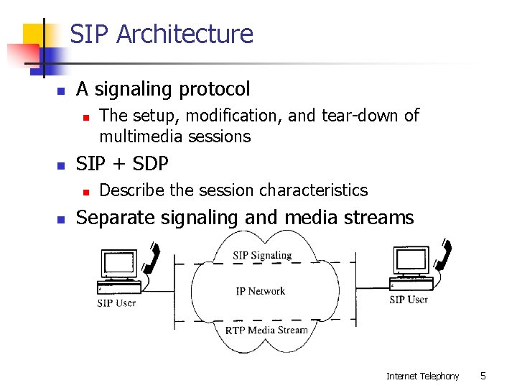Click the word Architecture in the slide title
click(185, 34)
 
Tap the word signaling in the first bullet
click(134, 89)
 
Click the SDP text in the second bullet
click(149, 164)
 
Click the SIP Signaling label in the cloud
click(262, 255)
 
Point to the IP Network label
click(260, 291)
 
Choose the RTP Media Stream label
click(266, 331)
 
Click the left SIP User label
click(116, 302)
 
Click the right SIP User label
click(408, 300)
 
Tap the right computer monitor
click(410, 260)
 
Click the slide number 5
click(483, 376)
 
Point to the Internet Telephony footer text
click(422, 376)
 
